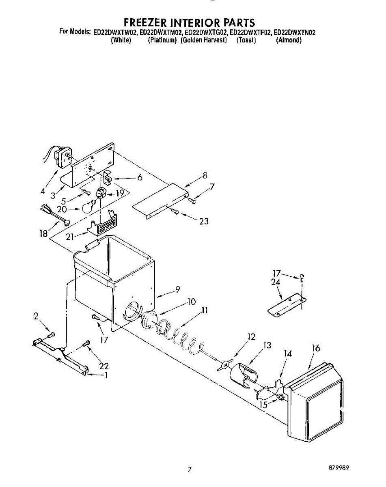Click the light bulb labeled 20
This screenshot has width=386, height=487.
pos(89,206)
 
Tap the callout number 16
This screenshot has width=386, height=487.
pos(316,348)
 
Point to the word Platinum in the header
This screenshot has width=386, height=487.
pos(162,40)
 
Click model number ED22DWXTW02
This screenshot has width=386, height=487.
pos(116,32)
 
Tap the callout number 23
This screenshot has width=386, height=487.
pos(204,221)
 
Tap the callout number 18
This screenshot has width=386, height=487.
pos(43,234)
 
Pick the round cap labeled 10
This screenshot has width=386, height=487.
pos(149,319)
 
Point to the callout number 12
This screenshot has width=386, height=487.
pos(251,336)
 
